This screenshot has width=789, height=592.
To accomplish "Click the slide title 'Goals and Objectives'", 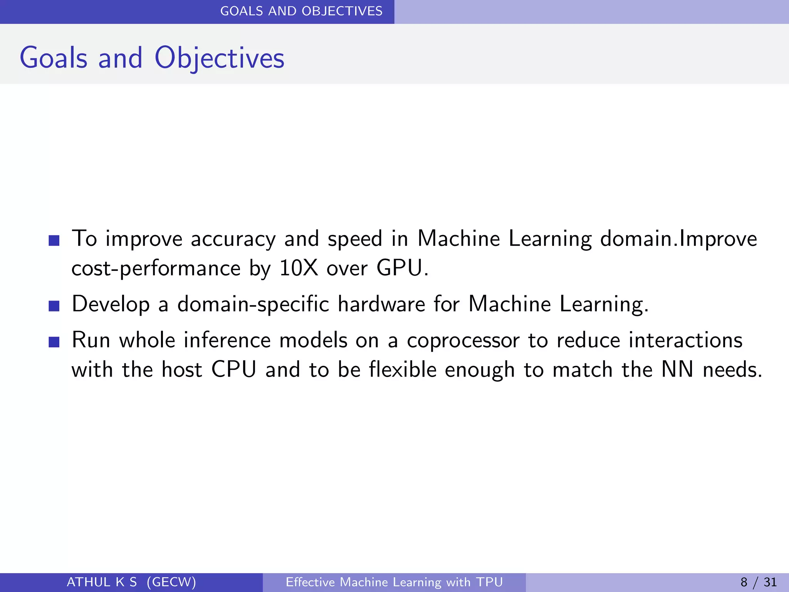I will [x=152, y=58].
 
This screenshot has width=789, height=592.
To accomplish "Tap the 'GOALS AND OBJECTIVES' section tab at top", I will [x=301, y=11].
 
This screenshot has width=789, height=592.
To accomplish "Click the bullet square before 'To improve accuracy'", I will [x=54, y=240].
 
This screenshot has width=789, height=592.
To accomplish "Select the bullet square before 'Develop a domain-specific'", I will [x=54, y=306].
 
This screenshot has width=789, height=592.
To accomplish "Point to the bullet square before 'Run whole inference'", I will [x=54, y=342].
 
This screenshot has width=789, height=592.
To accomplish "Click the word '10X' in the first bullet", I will [x=299, y=268].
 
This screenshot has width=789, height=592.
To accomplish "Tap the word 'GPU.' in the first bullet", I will [x=402, y=268].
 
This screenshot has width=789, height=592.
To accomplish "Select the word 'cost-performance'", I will [x=156, y=269].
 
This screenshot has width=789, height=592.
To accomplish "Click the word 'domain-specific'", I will [x=253, y=304].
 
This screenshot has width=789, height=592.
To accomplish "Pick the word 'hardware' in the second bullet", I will [x=381, y=304].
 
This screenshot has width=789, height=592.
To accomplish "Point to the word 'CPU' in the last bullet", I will [x=234, y=370].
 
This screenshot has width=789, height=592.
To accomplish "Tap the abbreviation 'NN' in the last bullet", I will [x=677, y=370].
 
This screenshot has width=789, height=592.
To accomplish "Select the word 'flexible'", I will [x=403, y=370].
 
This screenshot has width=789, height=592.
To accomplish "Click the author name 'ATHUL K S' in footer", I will [x=102, y=582].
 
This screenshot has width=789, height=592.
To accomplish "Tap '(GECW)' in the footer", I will [x=171, y=582].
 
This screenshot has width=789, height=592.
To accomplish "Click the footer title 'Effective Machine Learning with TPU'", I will [x=394, y=582].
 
